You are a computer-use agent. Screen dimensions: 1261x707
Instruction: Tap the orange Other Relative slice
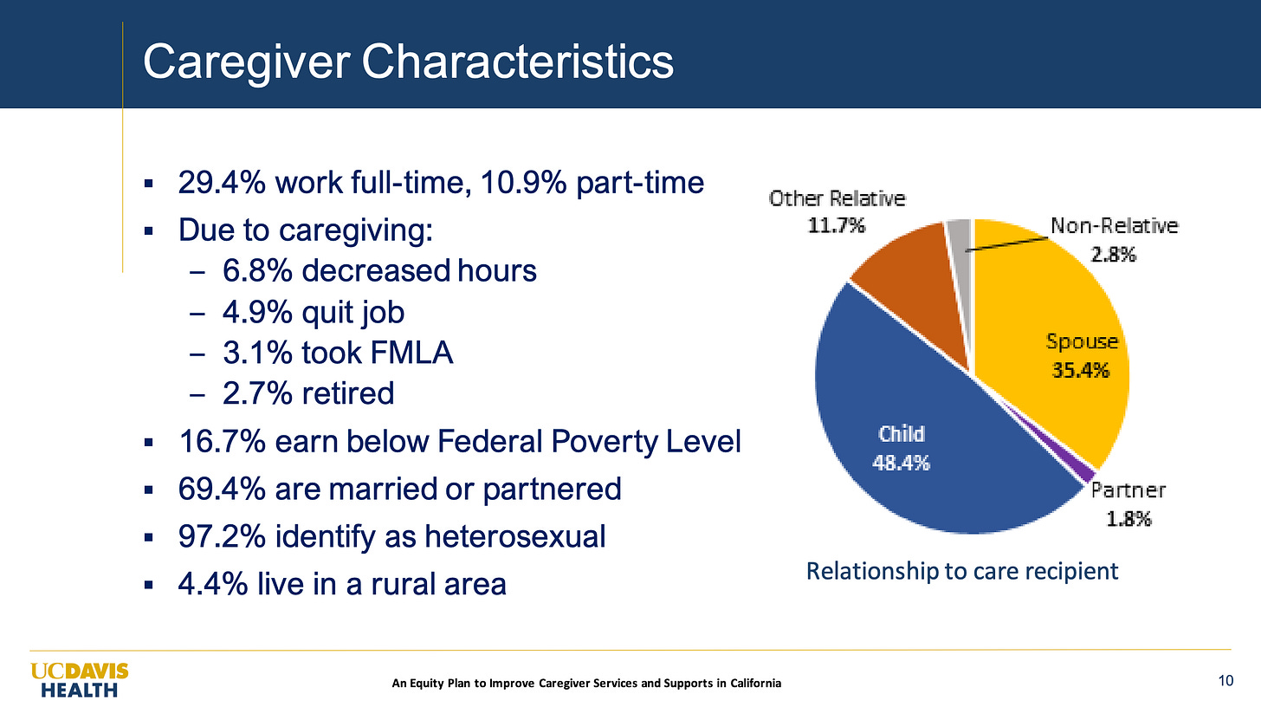pyautogui.click(x=912, y=282)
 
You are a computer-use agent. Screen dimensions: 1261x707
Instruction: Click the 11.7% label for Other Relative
pyautogui.click(x=837, y=226)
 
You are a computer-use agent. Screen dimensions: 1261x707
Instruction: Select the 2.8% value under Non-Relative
pyautogui.click(x=1114, y=255)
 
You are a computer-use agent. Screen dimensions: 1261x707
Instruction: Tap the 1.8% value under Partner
pyautogui.click(x=1128, y=518)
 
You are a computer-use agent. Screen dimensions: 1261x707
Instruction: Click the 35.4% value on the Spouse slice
pyautogui.click(x=1081, y=370)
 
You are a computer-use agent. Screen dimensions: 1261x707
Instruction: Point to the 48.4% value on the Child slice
pyautogui.click(x=902, y=463)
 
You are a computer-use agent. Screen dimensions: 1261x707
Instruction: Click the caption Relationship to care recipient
pyautogui.click(x=962, y=571)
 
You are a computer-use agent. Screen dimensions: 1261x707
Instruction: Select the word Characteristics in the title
pyautogui.click(x=517, y=62)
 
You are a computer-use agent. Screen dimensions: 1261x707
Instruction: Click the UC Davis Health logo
pyautogui.click(x=80, y=680)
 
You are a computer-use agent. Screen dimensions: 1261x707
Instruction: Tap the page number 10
pyautogui.click(x=1225, y=681)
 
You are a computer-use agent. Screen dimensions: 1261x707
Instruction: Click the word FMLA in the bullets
pyautogui.click(x=411, y=353)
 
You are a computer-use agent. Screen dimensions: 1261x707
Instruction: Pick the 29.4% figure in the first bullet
pyautogui.click(x=222, y=183)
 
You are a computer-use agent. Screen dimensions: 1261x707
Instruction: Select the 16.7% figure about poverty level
pyautogui.click(x=222, y=441)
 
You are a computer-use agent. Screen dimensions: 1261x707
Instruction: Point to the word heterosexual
pyautogui.click(x=515, y=536)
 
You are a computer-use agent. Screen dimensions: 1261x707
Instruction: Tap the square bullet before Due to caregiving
pyautogui.click(x=149, y=231)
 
